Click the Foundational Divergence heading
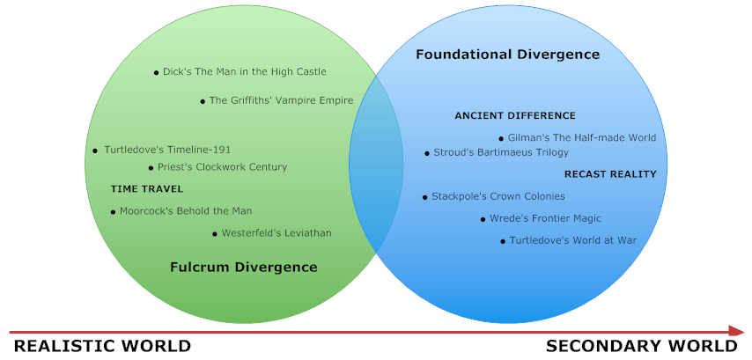click(507, 55)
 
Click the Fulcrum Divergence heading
click(243, 267)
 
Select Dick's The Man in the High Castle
click(244, 72)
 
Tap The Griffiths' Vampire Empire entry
click(281, 100)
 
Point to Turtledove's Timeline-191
click(167, 150)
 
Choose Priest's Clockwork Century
click(222, 167)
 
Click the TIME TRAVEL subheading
click(147, 189)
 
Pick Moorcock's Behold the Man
click(185, 211)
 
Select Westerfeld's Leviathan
click(276, 233)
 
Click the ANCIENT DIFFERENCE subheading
click(515, 116)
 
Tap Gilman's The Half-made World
click(581, 138)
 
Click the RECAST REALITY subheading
click(610, 174)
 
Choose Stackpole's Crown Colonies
click(498, 196)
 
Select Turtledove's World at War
click(572, 240)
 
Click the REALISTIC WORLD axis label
click(102, 346)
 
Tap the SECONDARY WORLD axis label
click(642, 346)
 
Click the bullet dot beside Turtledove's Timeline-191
click(95, 151)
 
